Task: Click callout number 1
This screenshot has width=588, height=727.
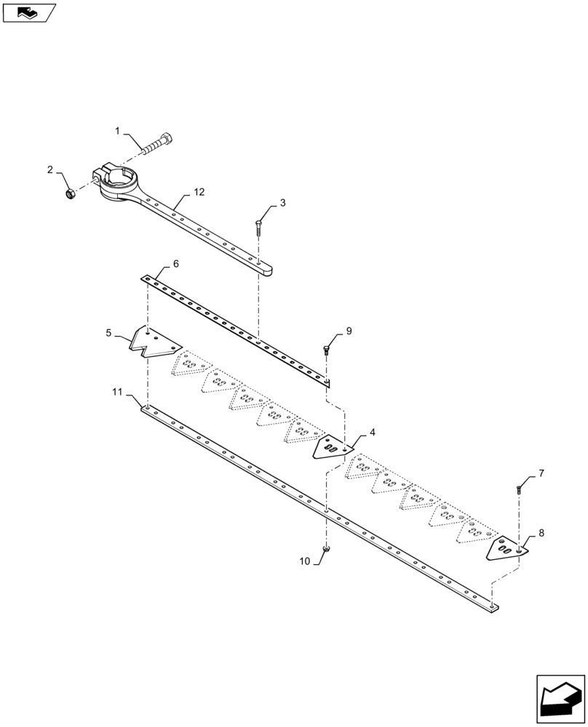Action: tap(117, 131)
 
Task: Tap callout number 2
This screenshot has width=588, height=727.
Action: tap(50, 169)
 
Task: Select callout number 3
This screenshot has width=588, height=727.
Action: tap(282, 203)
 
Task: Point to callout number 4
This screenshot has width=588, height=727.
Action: tap(373, 432)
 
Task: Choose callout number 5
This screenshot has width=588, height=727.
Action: tap(109, 333)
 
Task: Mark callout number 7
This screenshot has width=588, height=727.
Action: tap(541, 473)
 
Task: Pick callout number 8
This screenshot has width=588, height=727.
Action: tap(541, 534)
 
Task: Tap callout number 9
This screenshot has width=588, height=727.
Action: tap(349, 331)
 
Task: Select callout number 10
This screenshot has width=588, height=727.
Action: tap(304, 561)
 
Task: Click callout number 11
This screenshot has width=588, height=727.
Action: tap(117, 393)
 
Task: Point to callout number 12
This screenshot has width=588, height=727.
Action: tap(199, 192)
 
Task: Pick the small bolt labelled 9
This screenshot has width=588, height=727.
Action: tap(326, 350)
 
